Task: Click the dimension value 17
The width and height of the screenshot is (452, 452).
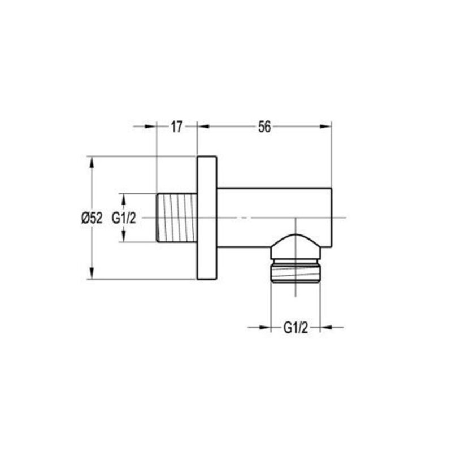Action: (177, 127)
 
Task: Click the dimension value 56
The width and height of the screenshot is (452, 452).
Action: (264, 127)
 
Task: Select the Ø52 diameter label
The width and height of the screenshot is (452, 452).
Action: (92, 218)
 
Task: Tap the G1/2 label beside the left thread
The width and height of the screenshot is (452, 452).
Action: (124, 218)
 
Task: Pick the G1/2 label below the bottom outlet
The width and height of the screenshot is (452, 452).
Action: (295, 328)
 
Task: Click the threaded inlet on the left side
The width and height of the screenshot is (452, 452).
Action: (177, 218)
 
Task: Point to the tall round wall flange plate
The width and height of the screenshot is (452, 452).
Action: (207, 218)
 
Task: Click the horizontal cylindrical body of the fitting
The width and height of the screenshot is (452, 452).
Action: (274, 218)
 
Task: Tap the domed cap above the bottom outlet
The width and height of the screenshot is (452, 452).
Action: (295, 246)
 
